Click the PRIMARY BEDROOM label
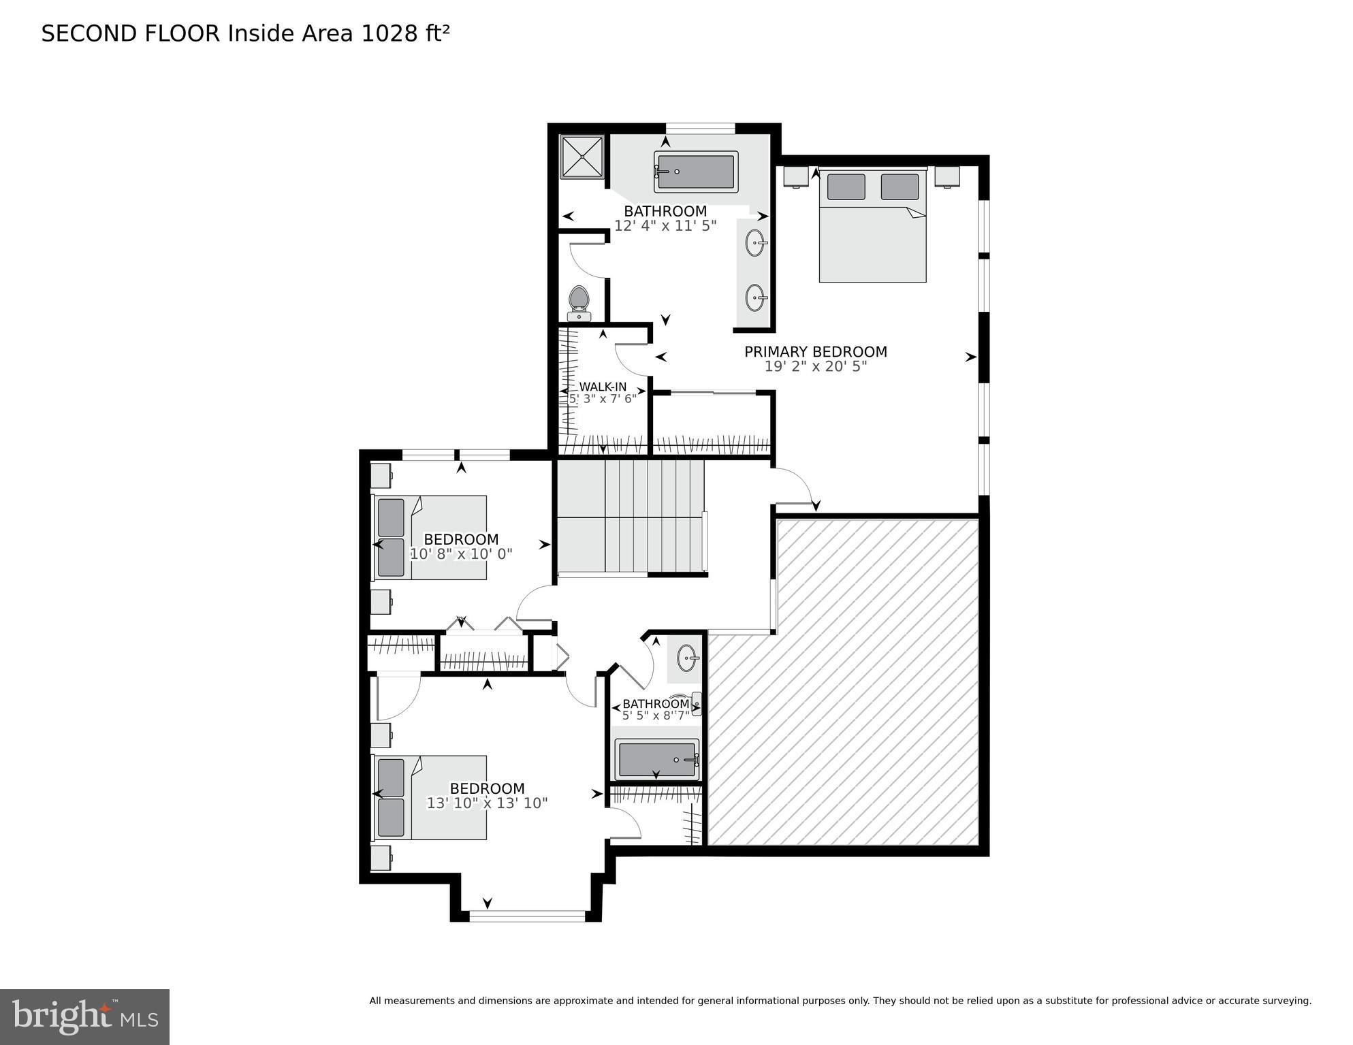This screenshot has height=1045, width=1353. (x=815, y=352)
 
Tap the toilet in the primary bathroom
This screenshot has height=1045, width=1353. (x=579, y=302)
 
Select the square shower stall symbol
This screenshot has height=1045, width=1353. (x=582, y=157)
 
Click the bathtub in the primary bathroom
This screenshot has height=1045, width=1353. (x=695, y=172)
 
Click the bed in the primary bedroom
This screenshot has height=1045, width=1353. (x=872, y=226)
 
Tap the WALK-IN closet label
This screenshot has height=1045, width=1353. (x=603, y=387)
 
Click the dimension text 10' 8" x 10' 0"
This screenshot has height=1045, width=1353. (x=461, y=554)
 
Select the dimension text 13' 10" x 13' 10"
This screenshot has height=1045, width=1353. (x=487, y=803)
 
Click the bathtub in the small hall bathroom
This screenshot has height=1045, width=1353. (x=656, y=760)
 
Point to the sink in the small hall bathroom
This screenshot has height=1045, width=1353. (x=686, y=658)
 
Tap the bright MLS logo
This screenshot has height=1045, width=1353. (x=84, y=1016)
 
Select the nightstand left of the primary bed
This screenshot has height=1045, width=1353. (x=795, y=177)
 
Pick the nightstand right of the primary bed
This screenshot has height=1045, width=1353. (x=946, y=177)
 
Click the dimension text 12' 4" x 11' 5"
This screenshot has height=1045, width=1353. (x=665, y=226)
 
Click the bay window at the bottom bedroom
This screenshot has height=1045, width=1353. (x=527, y=916)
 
